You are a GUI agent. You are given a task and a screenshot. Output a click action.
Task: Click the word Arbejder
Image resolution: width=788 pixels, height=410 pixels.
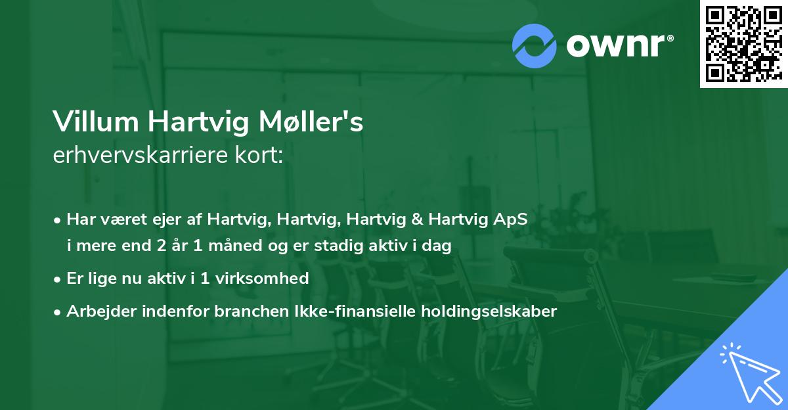98,311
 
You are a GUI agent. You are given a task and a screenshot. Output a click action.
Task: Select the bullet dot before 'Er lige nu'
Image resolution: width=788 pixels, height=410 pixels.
58,279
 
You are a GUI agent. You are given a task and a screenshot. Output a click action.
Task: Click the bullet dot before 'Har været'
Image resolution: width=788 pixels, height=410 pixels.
58,220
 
